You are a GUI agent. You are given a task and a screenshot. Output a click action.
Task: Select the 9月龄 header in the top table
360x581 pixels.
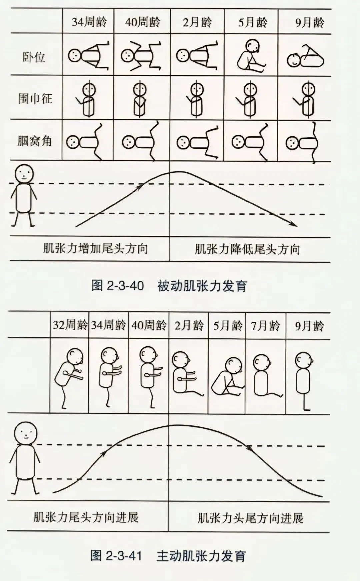(x=310, y=22)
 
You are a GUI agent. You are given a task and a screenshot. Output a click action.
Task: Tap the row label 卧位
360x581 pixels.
(x=34, y=57)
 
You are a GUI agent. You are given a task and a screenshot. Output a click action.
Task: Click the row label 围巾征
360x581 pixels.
(x=35, y=99)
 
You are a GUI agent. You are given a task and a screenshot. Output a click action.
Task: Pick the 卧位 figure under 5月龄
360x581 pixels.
(x=251, y=55)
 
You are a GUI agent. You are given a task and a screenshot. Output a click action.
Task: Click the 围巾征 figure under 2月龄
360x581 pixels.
(x=196, y=99)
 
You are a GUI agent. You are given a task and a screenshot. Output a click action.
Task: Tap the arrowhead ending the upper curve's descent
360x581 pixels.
(x=294, y=225)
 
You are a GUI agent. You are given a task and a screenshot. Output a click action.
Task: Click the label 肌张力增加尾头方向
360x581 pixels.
(x=95, y=249)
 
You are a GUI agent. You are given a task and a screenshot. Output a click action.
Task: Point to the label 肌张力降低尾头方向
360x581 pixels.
(x=247, y=249)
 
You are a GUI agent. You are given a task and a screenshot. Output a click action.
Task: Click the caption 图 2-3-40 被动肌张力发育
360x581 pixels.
(x=169, y=286)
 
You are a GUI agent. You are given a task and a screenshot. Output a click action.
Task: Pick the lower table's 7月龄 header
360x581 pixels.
(x=265, y=326)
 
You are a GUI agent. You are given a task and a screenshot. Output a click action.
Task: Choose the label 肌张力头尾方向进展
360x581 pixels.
(x=250, y=518)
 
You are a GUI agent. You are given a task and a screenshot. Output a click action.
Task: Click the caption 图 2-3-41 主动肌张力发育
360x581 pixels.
(x=168, y=556)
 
